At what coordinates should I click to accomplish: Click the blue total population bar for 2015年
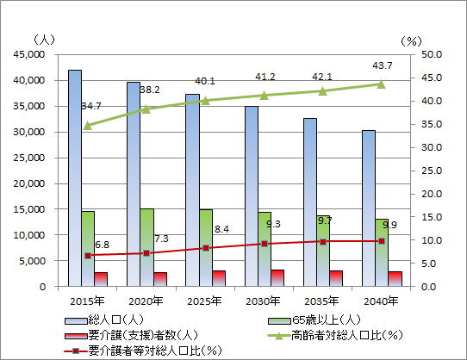coord(75,178)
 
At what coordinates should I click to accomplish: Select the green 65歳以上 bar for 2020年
coord(147,247)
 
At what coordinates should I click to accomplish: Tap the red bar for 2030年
coord(277,278)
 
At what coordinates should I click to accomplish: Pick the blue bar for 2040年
coord(369,208)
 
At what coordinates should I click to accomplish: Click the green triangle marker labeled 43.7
coord(381,84)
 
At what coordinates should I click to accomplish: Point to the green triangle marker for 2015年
coord(88,126)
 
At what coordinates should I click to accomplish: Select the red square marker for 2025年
coord(206,248)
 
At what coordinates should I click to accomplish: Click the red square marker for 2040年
coord(382,241)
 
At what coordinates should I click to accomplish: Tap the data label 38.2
coord(150,90)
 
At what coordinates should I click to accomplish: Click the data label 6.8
coord(103,245)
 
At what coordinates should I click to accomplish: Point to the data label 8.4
coord(222,229)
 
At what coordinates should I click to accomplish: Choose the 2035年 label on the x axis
coord(321,301)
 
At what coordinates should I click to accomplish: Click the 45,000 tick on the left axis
coord(29,54)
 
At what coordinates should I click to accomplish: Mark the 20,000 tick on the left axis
coord(29,183)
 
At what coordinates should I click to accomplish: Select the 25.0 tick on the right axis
coord(432,171)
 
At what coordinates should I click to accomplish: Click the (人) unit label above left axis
coord(45,40)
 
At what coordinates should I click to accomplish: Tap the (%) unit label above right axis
coord(411,41)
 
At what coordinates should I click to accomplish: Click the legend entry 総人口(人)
coord(104,320)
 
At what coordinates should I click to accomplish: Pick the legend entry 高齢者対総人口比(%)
coord(335,336)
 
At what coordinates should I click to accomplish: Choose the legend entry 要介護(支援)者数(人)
coord(131,336)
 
